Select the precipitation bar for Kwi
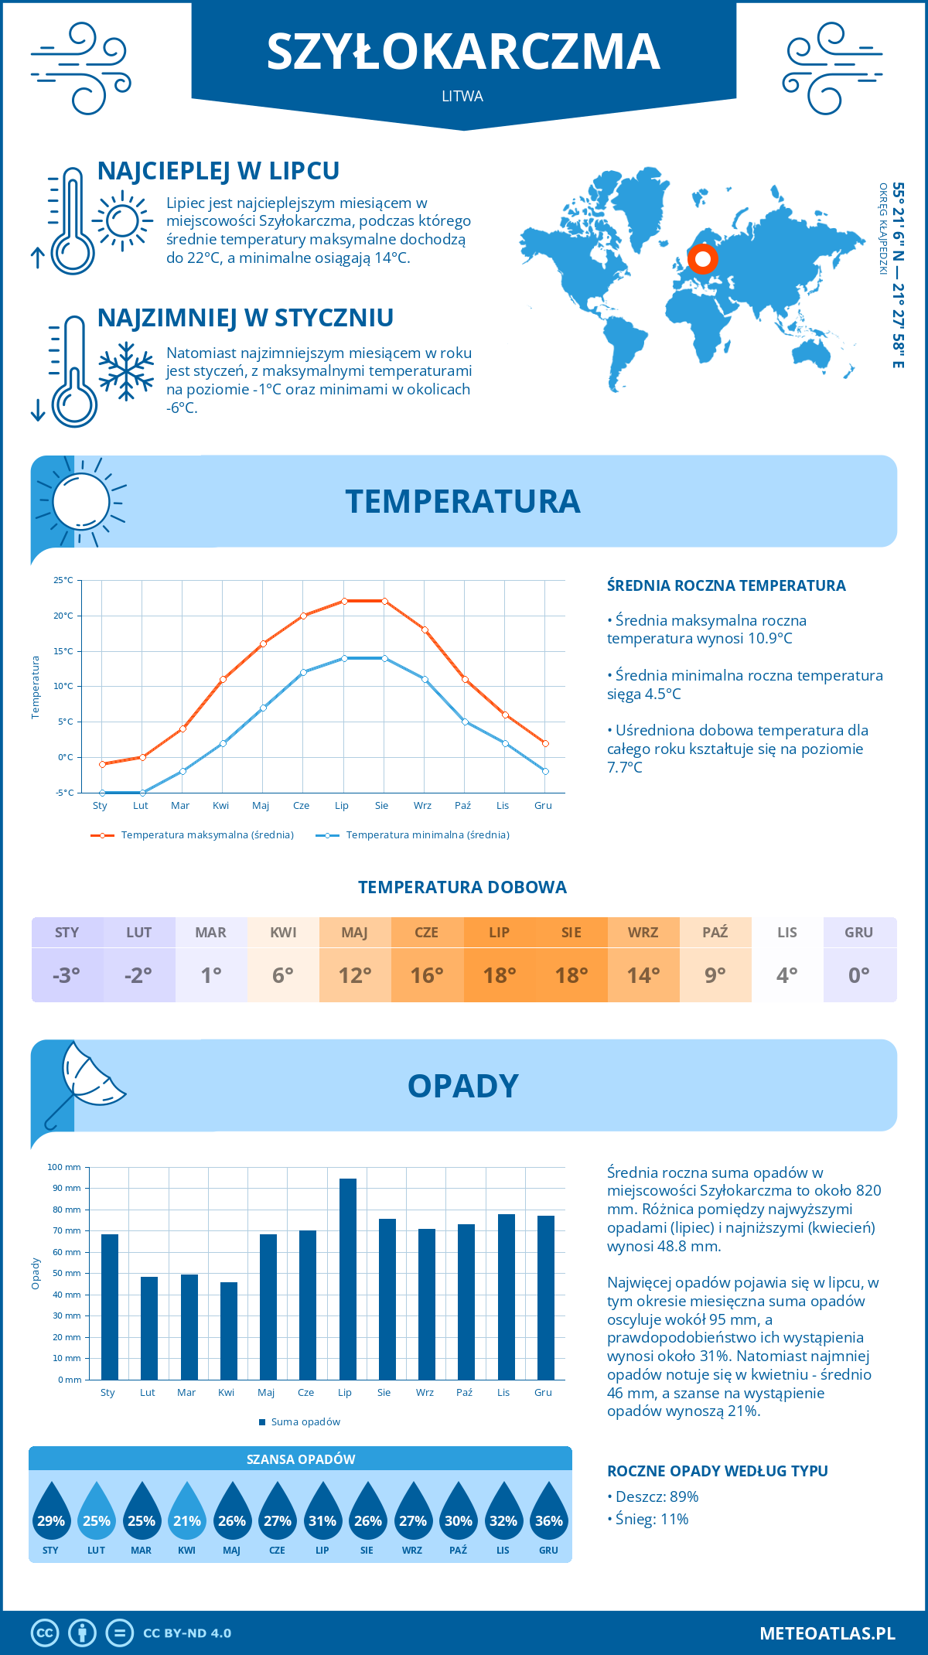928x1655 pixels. (x=229, y=1330)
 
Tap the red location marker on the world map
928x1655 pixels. (x=702, y=258)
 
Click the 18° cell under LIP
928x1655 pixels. (x=500, y=975)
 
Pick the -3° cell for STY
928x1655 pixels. (x=67, y=975)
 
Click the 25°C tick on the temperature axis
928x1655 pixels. (x=63, y=580)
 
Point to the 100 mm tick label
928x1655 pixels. (x=64, y=1167)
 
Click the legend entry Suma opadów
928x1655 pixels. (x=305, y=1421)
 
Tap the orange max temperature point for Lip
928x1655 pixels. (x=344, y=601)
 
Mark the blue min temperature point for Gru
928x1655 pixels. (x=545, y=771)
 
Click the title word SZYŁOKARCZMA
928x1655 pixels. (x=463, y=53)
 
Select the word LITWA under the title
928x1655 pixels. (x=462, y=97)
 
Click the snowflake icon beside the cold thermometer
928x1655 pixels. (x=126, y=370)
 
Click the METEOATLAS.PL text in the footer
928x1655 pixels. (x=827, y=1633)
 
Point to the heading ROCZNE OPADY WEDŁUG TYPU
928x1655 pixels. (x=717, y=1471)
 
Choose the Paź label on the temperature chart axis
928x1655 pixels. (x=462, y=806)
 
